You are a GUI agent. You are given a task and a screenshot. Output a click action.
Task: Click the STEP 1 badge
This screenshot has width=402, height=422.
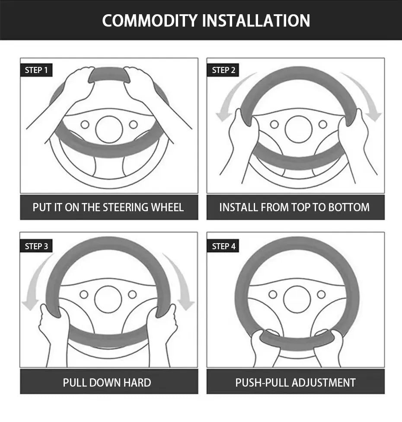(x=36, y=70)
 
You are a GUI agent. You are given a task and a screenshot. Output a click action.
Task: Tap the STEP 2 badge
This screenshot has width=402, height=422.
(x=223, y=70)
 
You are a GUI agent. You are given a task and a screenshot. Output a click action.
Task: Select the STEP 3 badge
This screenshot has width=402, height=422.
(x=36, y=246)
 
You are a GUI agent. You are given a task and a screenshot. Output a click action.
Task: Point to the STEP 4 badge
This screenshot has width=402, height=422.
(x=223, y=246)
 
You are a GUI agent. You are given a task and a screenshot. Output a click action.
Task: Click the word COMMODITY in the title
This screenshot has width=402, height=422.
(x=150, y=20)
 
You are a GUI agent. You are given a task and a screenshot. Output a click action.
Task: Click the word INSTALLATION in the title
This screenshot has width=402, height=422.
(x=256, y=20)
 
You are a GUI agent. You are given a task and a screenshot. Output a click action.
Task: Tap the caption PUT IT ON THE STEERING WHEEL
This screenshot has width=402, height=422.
(x=108, y=207)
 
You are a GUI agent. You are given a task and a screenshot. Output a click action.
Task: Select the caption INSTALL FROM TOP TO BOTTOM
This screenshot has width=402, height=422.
(x=294, y=207)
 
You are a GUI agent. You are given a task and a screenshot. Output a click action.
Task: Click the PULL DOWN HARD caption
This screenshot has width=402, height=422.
(x=107, y=382)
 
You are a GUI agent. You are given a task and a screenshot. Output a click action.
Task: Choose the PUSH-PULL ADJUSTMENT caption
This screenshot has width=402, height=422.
(x=295, y=382)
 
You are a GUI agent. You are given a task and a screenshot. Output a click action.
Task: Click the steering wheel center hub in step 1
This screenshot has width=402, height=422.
(x=109, y=129)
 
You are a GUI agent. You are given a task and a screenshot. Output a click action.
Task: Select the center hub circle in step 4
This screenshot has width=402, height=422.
(x=297, y=299)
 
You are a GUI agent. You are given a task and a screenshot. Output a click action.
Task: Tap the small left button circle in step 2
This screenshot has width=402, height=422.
(x=274, y=124)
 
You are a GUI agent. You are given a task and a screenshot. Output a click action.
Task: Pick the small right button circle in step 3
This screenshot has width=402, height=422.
(x=132, y=294)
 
